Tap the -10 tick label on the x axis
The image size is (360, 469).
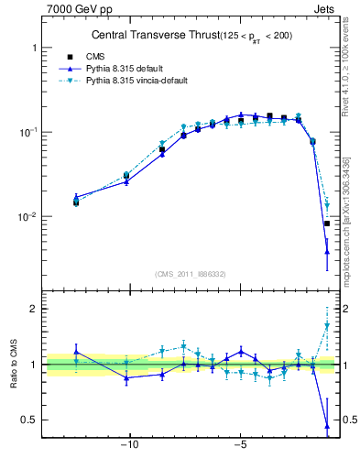coord(130,446)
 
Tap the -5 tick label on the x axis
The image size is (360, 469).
coord(240,446)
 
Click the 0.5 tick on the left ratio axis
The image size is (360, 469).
coord(29,420)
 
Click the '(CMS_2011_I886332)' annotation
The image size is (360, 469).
coord(193,274)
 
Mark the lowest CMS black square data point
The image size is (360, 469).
coord(326,224)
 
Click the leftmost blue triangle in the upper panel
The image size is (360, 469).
coord(76,196)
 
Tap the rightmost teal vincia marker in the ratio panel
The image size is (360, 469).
coord(326,325)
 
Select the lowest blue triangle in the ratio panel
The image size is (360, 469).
coord(326,426)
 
